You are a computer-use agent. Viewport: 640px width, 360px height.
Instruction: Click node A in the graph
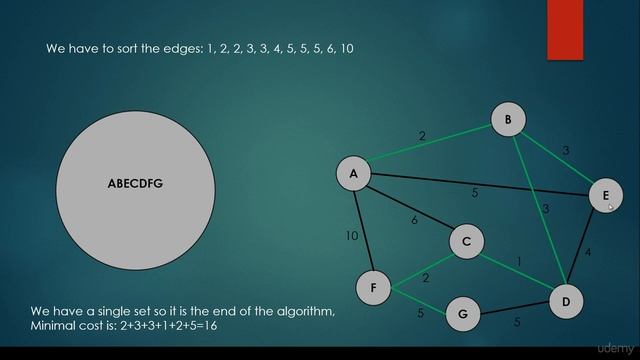(353, 174)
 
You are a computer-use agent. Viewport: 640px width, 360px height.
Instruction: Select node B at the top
(508, 121)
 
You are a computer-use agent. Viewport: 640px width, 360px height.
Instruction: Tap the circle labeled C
(466, 241)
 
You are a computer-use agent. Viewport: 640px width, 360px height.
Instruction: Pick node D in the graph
(565, 301)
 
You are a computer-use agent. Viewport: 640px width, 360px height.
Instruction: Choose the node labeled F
(373, 288)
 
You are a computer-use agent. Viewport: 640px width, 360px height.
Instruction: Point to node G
(462, 313)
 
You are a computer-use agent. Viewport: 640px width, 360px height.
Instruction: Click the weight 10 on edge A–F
(352, 237)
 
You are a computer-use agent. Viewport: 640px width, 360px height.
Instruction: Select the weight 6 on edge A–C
(414, 220)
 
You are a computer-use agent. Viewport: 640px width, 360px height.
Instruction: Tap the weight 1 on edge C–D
(518, 262)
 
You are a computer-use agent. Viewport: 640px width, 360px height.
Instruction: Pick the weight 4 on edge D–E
(588, 253)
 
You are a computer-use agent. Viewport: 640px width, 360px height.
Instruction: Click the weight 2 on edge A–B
(422, 137)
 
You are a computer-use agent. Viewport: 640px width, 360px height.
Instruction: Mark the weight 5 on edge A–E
(475, 194)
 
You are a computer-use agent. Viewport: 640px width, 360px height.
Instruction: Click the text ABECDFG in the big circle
(135, 184)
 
